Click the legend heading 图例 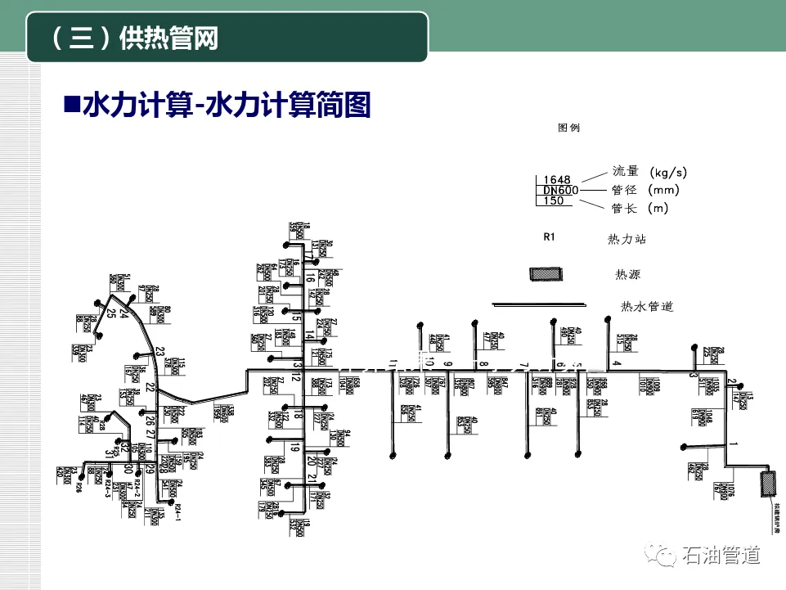pos(568,128)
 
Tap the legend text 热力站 pos(627,239)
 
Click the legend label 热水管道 pos(647,307)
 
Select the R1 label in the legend pos(550,237)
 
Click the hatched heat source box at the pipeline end pos(768,484)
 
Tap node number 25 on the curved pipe pos(110,315)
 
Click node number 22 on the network pos(150,386)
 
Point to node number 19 pos(295,447)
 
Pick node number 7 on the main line pos(523,364)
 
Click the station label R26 pos(79,489)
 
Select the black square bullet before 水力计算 pos(71,105)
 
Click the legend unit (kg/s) pos(668,173)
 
